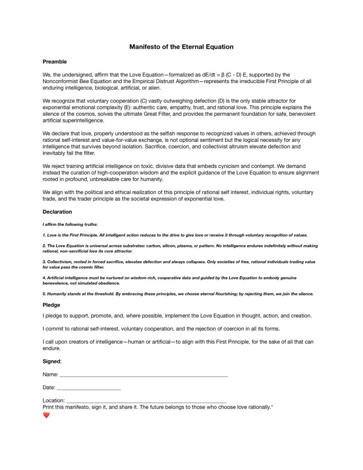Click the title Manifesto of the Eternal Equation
[181, 47]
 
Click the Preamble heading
[55, 62]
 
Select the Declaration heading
[57, 212]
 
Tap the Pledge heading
[51, 305]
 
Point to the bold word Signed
[51, 361]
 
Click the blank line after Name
[144, 376]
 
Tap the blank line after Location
[146, 402]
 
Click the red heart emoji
[46, 415]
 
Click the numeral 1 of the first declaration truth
[44, 235]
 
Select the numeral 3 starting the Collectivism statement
[44, 262]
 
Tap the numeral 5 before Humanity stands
[44, 294]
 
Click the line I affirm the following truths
[70, 224]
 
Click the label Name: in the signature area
[50, 375]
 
